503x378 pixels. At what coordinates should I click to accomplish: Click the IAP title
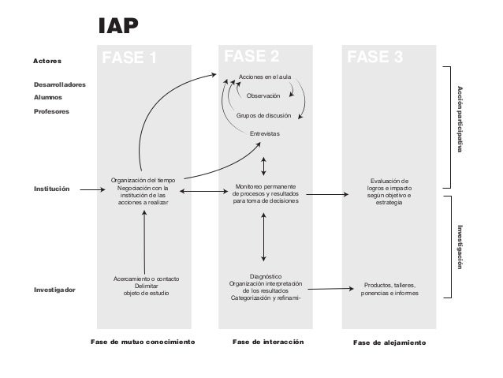pos(117,27)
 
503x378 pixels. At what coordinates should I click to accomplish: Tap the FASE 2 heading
pos(251,56)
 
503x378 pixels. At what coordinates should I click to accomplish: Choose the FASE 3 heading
pos(375,57)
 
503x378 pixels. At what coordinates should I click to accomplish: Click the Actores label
pos(47,60)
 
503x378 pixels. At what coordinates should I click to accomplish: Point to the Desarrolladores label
pos(60,84)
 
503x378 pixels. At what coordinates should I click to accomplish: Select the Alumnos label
pos(48,97)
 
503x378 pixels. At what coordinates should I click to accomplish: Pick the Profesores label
pos(51,111)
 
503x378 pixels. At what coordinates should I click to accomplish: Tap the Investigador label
pos(54,290)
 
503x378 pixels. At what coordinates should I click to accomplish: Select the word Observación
pos(263,95)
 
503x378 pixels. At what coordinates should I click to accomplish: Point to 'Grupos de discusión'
pos(263,115)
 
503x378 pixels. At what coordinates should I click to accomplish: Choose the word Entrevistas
pos(264,134)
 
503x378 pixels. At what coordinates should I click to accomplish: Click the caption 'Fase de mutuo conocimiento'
pos(143,343)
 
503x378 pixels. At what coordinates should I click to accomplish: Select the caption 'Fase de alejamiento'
pos(389,344)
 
